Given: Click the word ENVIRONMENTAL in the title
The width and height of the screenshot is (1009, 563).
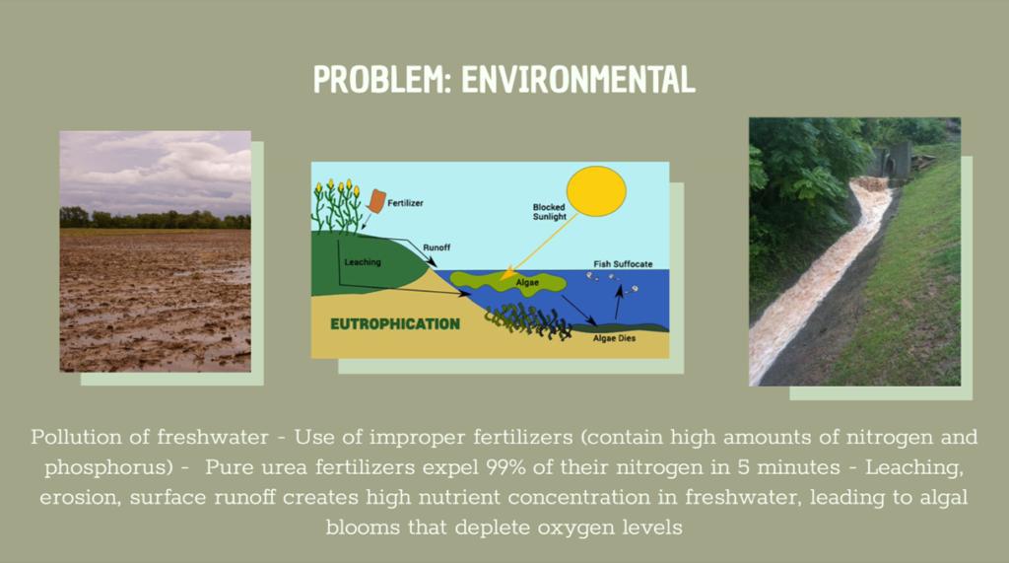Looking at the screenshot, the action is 578,79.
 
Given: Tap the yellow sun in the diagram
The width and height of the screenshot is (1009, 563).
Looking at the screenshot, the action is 596,191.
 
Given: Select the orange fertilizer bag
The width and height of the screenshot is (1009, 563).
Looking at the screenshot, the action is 377,201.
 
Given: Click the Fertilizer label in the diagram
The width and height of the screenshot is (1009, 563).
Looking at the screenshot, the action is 405,203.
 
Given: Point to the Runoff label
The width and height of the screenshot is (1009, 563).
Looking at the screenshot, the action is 437,247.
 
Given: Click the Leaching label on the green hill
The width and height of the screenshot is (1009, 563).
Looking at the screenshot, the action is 363,262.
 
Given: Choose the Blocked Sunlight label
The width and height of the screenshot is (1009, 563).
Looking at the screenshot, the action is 550,212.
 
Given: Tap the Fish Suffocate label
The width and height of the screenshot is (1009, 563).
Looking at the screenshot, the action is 623,264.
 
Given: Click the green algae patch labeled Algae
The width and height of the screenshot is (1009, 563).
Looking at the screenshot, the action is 508,282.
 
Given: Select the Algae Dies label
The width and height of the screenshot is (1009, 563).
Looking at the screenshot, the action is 614,338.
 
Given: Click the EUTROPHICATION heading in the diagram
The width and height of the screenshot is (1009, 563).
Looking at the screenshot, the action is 395,324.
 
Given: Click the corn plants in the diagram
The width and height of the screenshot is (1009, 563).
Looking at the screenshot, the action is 337,206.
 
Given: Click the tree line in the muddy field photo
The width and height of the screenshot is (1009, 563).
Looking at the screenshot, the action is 155,219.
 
